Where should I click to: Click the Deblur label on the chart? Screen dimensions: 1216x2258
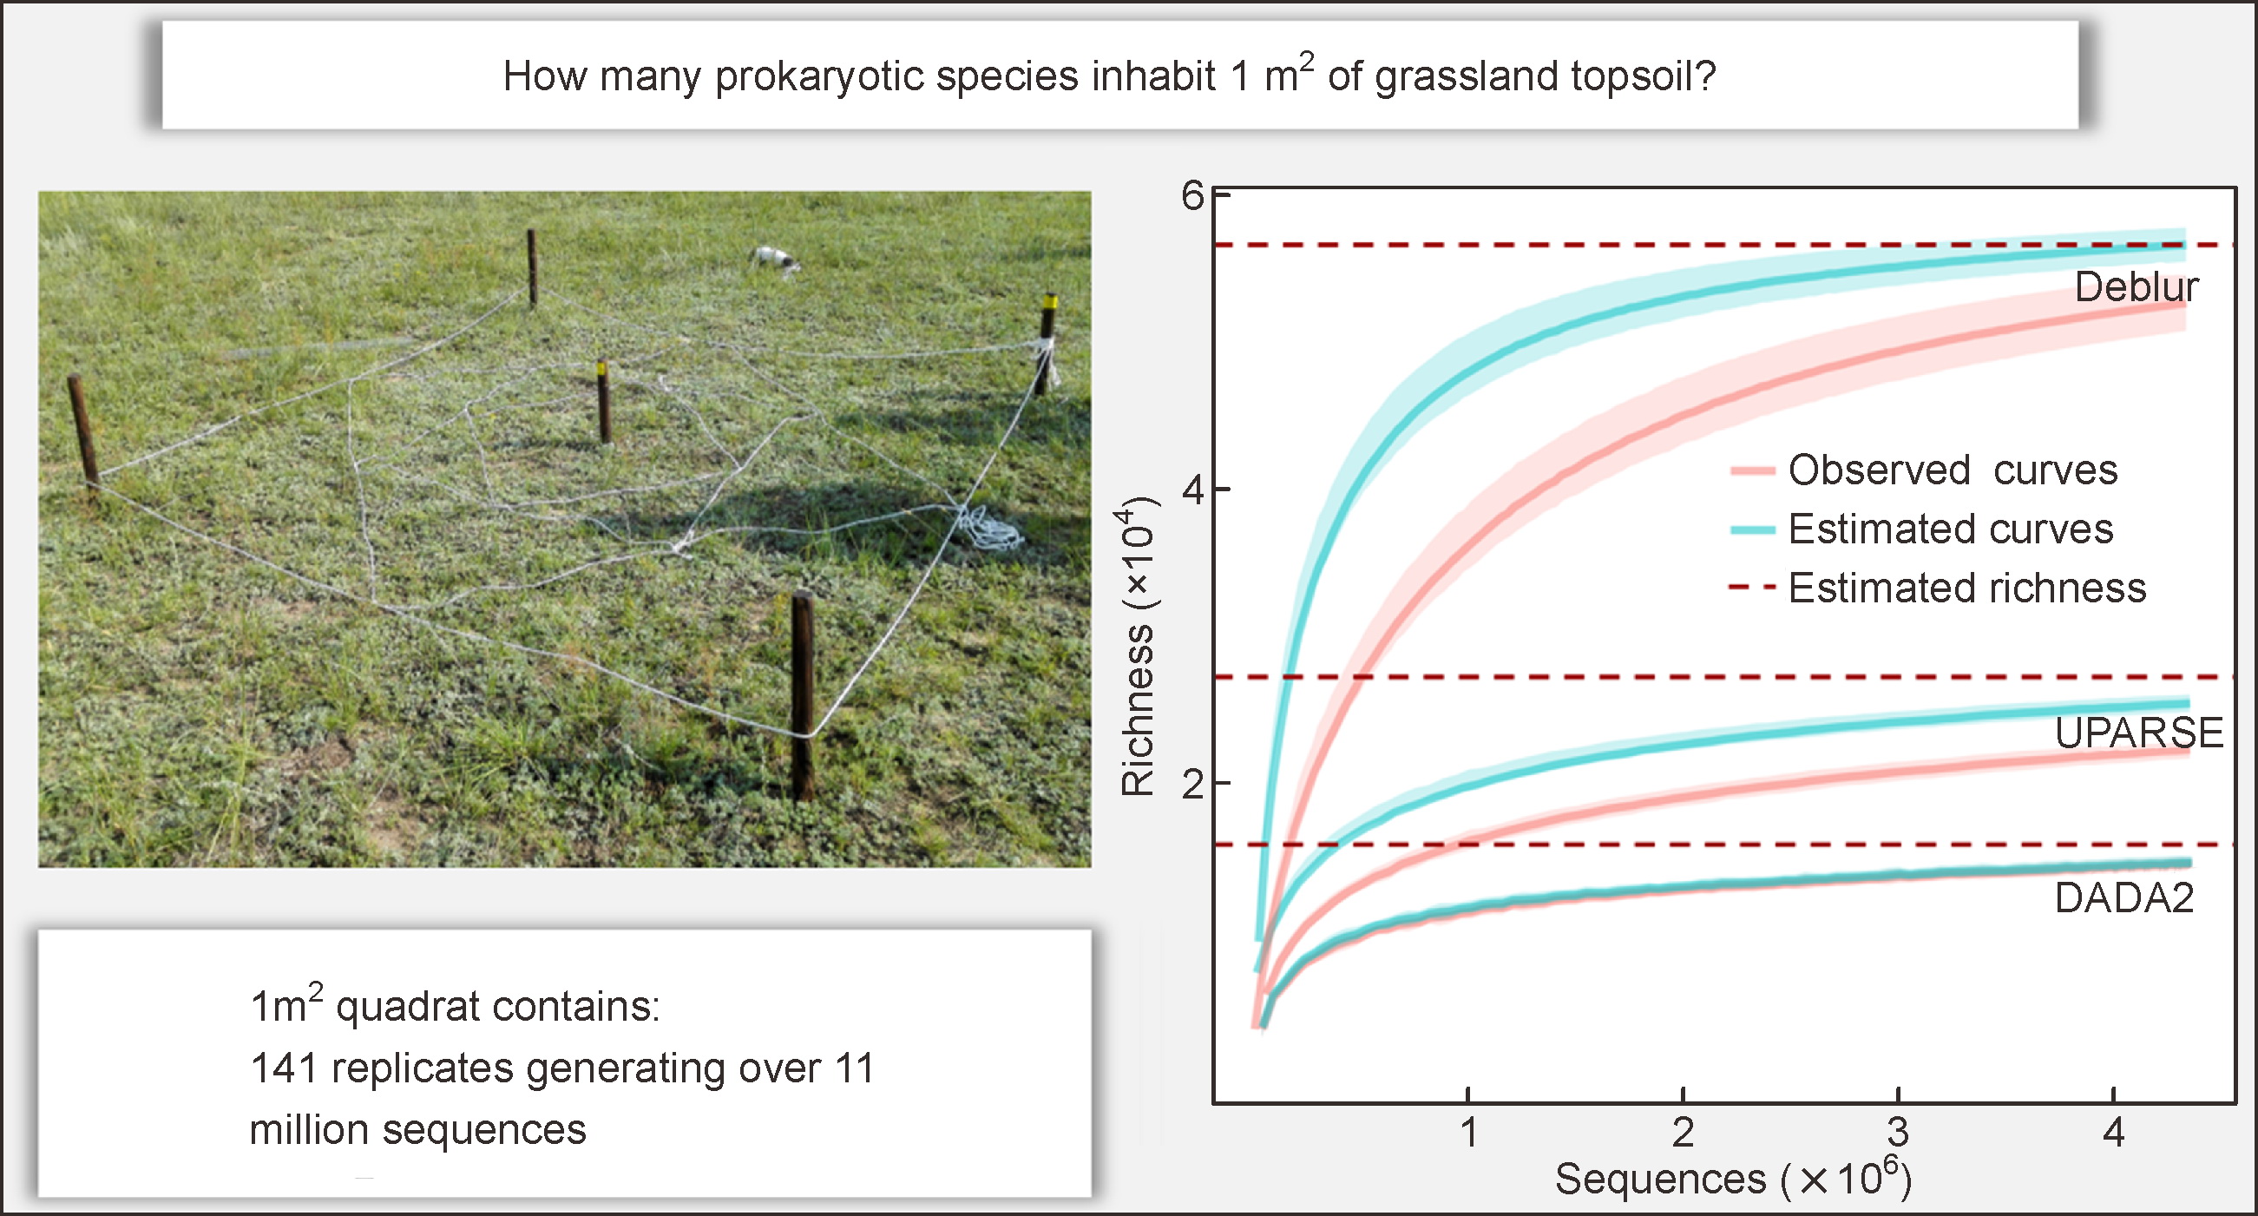tap(2137, 287)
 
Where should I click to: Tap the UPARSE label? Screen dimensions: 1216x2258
tap(2139, 732)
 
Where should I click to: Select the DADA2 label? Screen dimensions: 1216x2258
tap(2123, 897)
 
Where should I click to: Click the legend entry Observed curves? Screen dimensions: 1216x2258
tap(1952, 470)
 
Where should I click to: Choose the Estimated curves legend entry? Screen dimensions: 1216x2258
tap(1950, 529)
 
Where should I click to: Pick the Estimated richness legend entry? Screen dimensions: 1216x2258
tap(1967, 588)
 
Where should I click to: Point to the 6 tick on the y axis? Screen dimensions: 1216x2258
tap(1192, 195)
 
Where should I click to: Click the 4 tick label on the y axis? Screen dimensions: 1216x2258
tap(1192, 490)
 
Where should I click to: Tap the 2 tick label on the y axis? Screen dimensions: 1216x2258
tap(1192, 783)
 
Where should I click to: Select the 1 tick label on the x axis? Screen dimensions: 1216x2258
tap(1469, 1133)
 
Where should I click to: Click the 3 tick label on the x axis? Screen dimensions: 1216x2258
tap(1898, 1133)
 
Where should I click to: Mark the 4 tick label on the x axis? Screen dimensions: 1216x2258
tap(2113, 1133)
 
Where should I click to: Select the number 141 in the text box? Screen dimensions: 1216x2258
tap(283, 1068)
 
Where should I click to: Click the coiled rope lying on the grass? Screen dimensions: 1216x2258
tap(993, 528)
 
